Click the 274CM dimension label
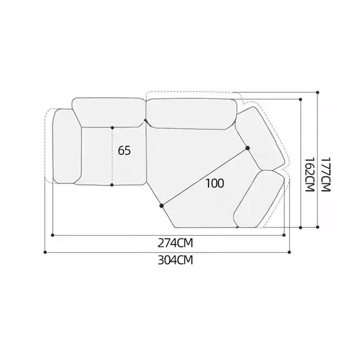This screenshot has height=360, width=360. (x=175, y=243)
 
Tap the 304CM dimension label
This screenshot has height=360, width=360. (x=175, y=261)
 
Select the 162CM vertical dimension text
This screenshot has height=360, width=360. (x=309, y=175)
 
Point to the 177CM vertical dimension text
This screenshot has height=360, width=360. (x=326, y=175)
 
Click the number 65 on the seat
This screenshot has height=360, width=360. (x=124, y=151)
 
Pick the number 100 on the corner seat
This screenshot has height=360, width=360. (x=215, y=183)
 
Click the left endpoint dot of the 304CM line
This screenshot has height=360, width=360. (x=45, y=252)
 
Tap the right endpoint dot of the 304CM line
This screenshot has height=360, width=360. (x=289, y=252)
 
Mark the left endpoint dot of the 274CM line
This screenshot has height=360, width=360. (x=53, y=235)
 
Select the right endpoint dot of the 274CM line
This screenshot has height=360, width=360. (x=284, y=235)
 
